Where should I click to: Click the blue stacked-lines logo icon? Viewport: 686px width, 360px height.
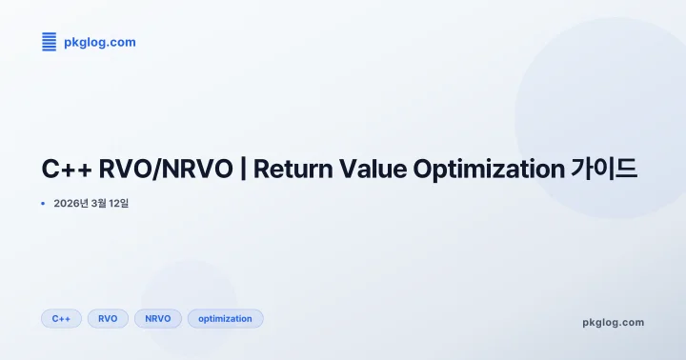pyautogui.click(x=50, y=42)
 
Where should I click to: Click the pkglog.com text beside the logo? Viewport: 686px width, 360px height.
pyautogui.click(x=99, y=42)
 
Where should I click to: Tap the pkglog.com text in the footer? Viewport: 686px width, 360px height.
pyautogui.click(x=613, y=322)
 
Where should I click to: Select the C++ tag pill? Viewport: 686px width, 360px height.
pyautogui.click(x=61, y=319)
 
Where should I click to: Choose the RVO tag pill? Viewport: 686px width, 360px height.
pyautogui.click(x=108, y=319)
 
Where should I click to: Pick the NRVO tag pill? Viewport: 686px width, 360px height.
pyautogui.click(x=158, y=319)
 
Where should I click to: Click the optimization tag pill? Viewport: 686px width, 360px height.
pyautogui.click(x=225, y=319)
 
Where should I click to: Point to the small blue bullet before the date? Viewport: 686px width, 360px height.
pyautogui.click(x=44, y=203)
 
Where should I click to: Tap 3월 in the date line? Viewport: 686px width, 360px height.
pyautogui.click(x=98, y=203)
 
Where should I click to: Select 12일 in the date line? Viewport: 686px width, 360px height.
pyautogui.click(x=118, y=203)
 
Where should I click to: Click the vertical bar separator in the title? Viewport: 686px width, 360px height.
pyautogui.click(x=243, y=170)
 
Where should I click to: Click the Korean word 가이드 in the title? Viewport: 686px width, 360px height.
pyautogui.click(x=604, y=170)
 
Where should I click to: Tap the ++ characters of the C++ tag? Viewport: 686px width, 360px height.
pyautogui.click(x=65, y=319)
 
